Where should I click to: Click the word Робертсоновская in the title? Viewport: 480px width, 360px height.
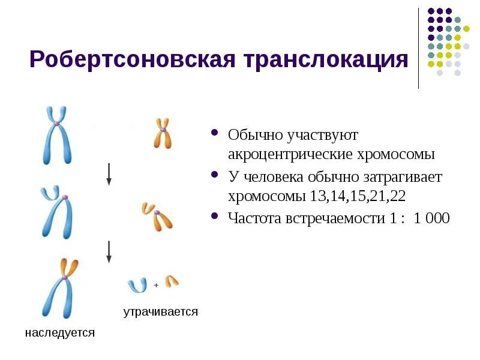[x=127, y=61]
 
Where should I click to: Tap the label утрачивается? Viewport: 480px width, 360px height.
[x=160, y=312]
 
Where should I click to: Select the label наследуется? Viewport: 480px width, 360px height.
[x=60, y=332]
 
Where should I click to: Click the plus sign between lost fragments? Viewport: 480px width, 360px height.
[x=156, y=286]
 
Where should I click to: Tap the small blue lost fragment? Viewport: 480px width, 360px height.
[x=137, y=285]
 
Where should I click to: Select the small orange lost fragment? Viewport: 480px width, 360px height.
[x=172, y=280]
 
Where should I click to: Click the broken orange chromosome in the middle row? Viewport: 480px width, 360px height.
[x=157, y=215]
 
